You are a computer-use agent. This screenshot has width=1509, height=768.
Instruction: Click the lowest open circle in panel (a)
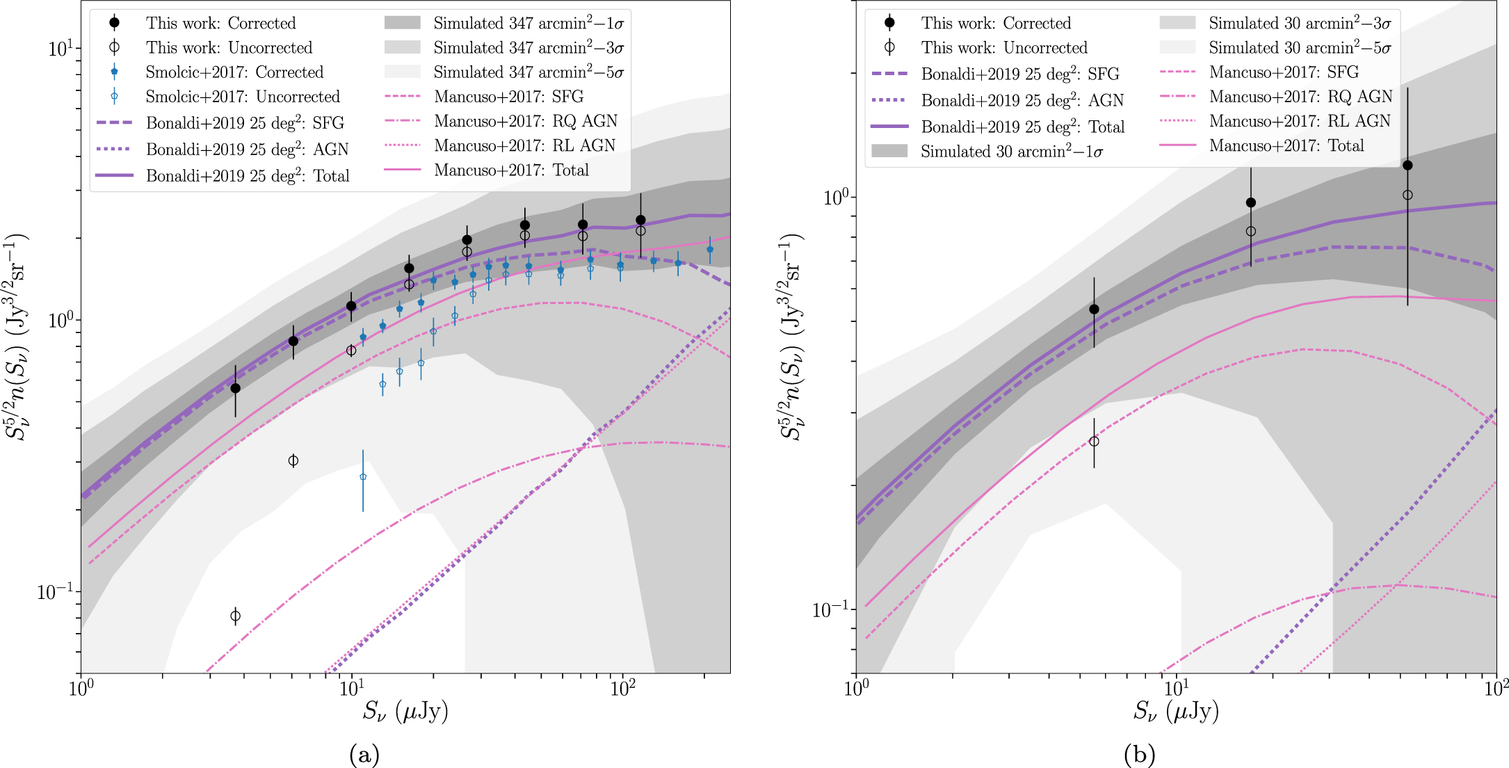tap(236, 616)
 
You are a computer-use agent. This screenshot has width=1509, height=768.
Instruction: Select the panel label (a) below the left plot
tap(364, 754)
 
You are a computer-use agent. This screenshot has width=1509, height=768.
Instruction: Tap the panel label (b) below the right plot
tap(1139, 754)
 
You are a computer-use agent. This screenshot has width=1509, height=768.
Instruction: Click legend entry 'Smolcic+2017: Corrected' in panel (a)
tap(234, 72)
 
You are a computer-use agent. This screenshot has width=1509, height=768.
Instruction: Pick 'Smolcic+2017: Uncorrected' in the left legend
tap(242, 97)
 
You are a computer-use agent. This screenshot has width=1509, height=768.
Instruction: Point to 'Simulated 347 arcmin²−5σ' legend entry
tap(528, 72)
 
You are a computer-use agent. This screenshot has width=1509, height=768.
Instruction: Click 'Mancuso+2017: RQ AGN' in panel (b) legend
tap(1300, 97)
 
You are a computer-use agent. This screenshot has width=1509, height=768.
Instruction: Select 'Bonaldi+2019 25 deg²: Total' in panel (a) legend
tap(248, 176)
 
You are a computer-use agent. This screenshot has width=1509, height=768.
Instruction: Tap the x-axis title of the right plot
tap(1176, 712)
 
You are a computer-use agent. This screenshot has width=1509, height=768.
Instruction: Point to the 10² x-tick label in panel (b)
tap(1496, 689)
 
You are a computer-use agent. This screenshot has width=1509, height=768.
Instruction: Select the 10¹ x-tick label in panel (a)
tap(351, 689)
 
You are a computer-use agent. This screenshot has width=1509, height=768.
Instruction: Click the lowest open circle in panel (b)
tap(1094, 442)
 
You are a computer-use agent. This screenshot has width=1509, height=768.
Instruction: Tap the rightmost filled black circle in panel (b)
tap(1407, 166)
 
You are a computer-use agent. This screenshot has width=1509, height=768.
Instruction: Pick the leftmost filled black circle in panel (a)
tap(236, 388)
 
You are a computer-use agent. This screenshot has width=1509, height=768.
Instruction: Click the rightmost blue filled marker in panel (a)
tap(710, 250)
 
